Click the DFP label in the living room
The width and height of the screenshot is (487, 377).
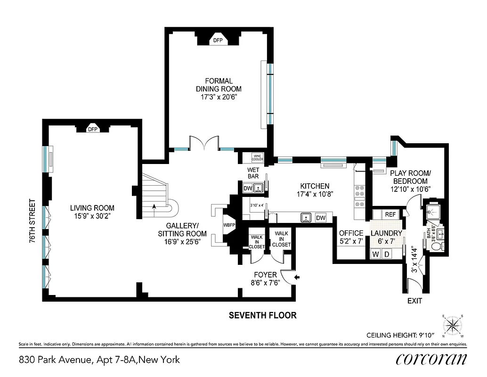point(93,129)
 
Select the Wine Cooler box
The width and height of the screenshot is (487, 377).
point(257,158)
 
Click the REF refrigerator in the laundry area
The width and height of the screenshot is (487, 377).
point(390,214)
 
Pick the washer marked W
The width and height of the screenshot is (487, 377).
point(376,254)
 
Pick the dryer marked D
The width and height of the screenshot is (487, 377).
point(388,254)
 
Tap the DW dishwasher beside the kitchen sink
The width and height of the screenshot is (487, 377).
point(321,218)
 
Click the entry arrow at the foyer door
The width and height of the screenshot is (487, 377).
point(297,278)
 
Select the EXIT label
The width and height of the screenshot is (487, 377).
point(414,301)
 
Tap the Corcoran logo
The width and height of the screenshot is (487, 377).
point(431,359)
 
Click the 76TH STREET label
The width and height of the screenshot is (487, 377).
point(32,221)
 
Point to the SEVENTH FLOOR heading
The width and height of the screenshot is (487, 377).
point(262,315)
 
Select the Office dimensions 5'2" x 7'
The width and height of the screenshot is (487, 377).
point(351,241)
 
